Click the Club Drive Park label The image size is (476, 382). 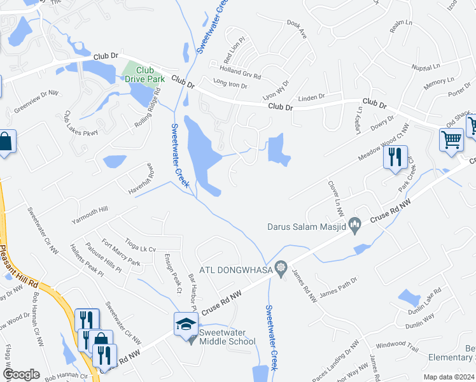coord(144,74)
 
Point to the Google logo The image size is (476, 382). coord(21,374)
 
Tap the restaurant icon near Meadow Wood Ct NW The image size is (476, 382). coord(395,157)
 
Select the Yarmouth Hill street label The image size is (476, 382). coord(90,214)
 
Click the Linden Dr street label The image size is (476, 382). coord(311,97)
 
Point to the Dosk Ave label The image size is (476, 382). coord(297,31)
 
